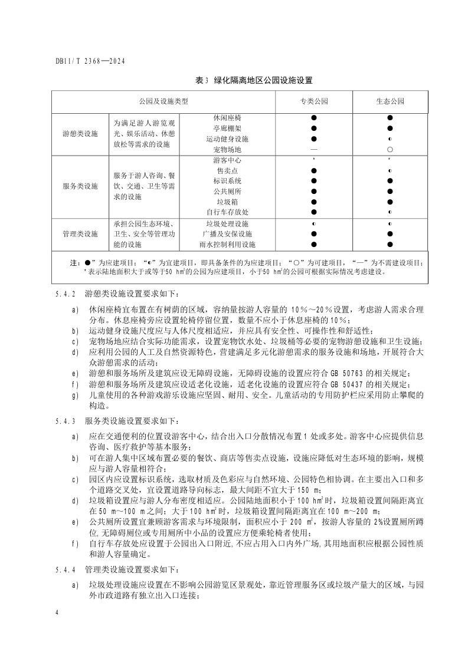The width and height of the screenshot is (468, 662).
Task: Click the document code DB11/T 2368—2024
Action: [x=90, y=61]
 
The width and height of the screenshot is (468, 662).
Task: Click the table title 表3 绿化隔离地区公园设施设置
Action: [x=254, y=80]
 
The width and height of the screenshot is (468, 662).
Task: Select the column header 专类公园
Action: [x=314, y=101]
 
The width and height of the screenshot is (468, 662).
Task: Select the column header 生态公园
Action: [x=390, y=101]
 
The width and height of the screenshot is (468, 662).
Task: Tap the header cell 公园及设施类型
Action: [x=163, y=101]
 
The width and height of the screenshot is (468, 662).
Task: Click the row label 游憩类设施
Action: [x=80, y=134]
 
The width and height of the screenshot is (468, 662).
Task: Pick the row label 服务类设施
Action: [x=80, y=186]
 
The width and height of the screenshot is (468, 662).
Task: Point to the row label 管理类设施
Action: [x=80, y=234]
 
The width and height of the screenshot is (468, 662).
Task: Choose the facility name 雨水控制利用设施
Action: [x=231, y=244]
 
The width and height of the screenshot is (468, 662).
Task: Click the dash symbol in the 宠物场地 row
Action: [x=314, y=150]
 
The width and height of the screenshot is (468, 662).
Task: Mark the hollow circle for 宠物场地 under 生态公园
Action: [x=390, y=150]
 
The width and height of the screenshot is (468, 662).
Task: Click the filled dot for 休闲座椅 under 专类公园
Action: [x=314, y=118]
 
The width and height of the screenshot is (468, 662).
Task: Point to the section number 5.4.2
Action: [x=65, y=292]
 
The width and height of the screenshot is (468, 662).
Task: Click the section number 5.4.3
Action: [x=65, y=422]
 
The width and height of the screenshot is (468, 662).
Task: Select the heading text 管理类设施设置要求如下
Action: [x=130, y=571]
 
